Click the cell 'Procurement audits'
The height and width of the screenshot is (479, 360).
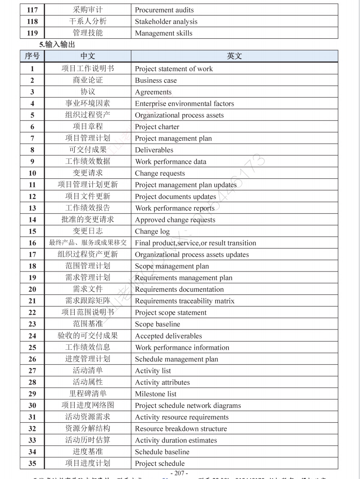164,10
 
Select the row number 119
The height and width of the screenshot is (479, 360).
32,33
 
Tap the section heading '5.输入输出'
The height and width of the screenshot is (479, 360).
57,45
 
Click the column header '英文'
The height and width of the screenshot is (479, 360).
234,56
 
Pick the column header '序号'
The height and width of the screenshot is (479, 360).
32,56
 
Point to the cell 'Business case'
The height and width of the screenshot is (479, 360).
156,81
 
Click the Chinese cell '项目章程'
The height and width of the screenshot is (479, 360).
88,127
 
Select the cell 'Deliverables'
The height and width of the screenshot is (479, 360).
154,150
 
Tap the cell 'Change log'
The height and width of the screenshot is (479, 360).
152,231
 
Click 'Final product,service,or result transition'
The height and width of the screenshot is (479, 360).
195,243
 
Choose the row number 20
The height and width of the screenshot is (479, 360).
32,289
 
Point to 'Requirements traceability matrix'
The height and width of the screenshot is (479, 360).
184,301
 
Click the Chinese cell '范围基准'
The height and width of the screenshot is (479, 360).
88,324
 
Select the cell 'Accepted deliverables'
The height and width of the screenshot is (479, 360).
168,336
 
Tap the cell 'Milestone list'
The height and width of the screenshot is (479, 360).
156,394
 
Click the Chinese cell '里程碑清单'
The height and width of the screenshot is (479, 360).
88,394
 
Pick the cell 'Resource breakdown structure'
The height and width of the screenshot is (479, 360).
181,429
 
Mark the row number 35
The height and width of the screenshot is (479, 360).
32,463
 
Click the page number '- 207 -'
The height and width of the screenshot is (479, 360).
179,473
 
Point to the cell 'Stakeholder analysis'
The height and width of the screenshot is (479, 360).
166,22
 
